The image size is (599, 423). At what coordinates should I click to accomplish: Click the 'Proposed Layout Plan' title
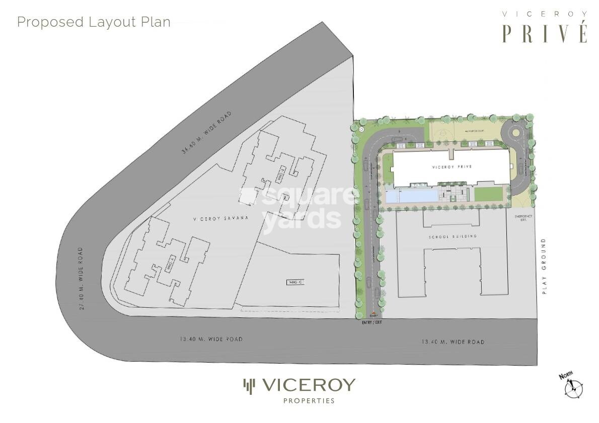point(94,22)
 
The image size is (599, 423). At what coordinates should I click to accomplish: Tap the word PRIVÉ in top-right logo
point(545,33)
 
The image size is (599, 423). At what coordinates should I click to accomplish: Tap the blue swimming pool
point(410,195)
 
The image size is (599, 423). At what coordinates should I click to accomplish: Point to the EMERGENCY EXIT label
point(520,218)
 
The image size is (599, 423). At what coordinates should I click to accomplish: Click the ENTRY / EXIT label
point(371,322)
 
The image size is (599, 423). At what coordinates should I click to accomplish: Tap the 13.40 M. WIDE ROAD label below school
point(453,342)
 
